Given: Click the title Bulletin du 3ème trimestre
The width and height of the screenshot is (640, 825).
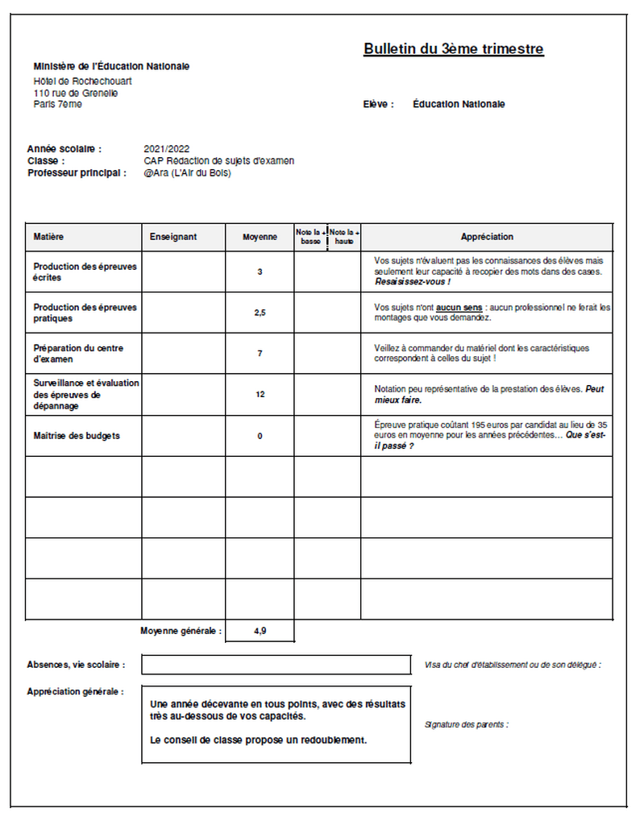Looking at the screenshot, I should pos(453,49).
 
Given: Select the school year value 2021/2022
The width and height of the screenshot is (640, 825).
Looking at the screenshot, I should pos(166,149).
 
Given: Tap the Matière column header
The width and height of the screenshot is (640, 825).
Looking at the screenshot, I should pos(48,237).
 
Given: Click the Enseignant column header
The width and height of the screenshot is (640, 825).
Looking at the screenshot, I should pos(173,237).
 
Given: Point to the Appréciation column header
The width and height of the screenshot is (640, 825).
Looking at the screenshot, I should pos(487,237).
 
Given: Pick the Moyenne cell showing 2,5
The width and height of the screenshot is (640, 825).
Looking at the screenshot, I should pos(260,313).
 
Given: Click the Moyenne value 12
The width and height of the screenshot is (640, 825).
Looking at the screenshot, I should pos(260,395).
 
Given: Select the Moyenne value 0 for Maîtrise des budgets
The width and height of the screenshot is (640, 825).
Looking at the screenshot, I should pos(260,436).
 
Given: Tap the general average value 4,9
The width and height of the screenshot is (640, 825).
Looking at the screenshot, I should pos(260,631).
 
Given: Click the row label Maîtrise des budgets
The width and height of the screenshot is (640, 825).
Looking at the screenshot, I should pos(77,436).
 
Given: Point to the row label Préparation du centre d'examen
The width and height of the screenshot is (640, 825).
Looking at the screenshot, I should pos(78,354).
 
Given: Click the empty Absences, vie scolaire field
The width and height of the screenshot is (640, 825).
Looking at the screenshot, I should pos(276,665).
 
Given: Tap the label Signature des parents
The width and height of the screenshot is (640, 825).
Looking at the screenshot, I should pos(466,724).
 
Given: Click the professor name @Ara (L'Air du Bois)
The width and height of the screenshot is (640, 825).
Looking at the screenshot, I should pos(187,172).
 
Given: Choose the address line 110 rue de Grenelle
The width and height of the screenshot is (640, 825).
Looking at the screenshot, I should pos(76,93).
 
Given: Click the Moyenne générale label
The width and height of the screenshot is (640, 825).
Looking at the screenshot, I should pos(181,631).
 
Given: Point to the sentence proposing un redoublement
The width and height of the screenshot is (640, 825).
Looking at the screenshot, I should pos(258,740).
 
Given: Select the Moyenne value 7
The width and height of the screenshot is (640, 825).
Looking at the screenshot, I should pos(260,354).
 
